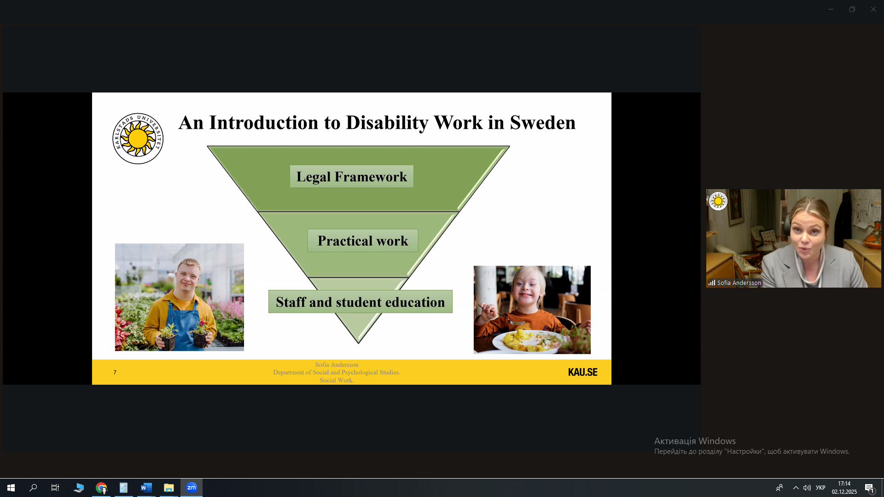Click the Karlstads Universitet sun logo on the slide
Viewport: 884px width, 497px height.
pos(138,139)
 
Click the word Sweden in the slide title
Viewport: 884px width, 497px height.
pos(543,122)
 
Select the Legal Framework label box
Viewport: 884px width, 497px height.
pos(352,176)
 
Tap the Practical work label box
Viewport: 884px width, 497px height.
pos(363,240)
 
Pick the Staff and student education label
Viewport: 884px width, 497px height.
pos(361,301)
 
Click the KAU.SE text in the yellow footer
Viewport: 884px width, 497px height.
pos(582,372)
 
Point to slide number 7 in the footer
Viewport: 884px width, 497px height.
pos(115,372)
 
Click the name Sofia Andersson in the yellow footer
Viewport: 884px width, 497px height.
pos(337,364)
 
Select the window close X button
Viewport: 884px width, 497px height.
pos(873,9)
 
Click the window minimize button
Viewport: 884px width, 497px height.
pos(831,9)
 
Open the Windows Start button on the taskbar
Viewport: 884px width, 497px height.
pos(11,488)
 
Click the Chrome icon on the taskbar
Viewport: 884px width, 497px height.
pos(101,488)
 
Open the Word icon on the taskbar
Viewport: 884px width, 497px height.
pos(146,488)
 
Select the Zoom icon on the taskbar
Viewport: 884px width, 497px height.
pos(192,488)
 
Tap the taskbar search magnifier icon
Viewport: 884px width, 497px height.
pos(33,488)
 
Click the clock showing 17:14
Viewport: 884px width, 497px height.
pos(844,484)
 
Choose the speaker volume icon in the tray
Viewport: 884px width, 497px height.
pos(807,488)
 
